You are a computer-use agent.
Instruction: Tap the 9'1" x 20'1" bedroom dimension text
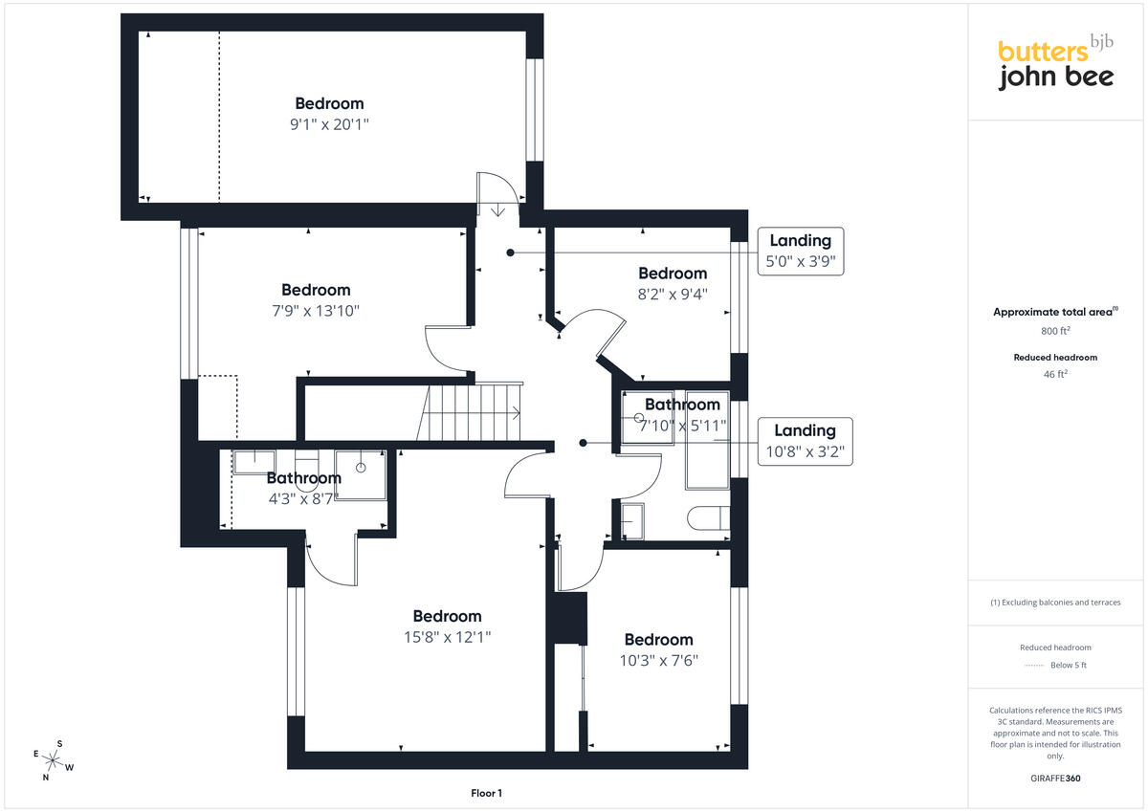[x=329, y=124]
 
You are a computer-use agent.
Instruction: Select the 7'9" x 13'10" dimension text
[x=316, y=311]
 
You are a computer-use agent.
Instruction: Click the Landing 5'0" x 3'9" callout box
[x=801, y=251]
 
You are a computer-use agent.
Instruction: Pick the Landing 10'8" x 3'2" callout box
[x=806, y=441]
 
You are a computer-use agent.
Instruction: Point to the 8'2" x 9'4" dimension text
[x=673, y=294]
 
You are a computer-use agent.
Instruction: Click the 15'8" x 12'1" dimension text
[x=447, y=637]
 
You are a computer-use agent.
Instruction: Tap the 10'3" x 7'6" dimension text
[x=658, y=660]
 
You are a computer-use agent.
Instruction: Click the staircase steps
[x=470, y=412]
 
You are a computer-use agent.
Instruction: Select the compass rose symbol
[x=53, y=760]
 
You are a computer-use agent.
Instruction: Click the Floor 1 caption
[x=486, y=793]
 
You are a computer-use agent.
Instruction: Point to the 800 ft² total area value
[x=1055, y=331]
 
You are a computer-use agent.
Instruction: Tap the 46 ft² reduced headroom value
[x=1055, y=374]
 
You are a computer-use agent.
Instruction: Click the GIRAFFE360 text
[x=1055, y=779]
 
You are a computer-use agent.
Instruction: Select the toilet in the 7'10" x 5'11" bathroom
[x=708, y=518]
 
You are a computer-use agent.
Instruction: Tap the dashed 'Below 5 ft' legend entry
[x=1055, y=665]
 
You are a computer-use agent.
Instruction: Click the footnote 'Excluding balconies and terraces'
[x=1055, y=603]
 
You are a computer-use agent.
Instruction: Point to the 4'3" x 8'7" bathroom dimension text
[x=302, y=498]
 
